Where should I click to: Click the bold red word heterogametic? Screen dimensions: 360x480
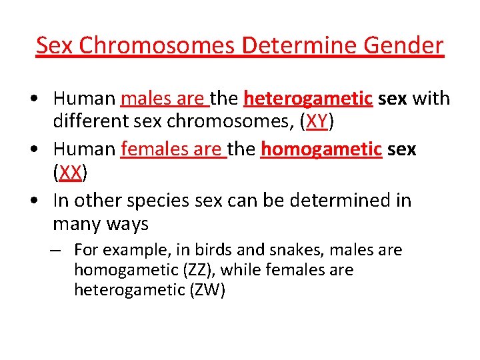tap(308, 98)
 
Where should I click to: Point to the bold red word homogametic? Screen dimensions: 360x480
tap(321, 149)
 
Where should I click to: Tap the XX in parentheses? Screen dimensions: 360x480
tap(70, 173)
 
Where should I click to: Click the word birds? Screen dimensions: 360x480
tap(211, 250)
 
